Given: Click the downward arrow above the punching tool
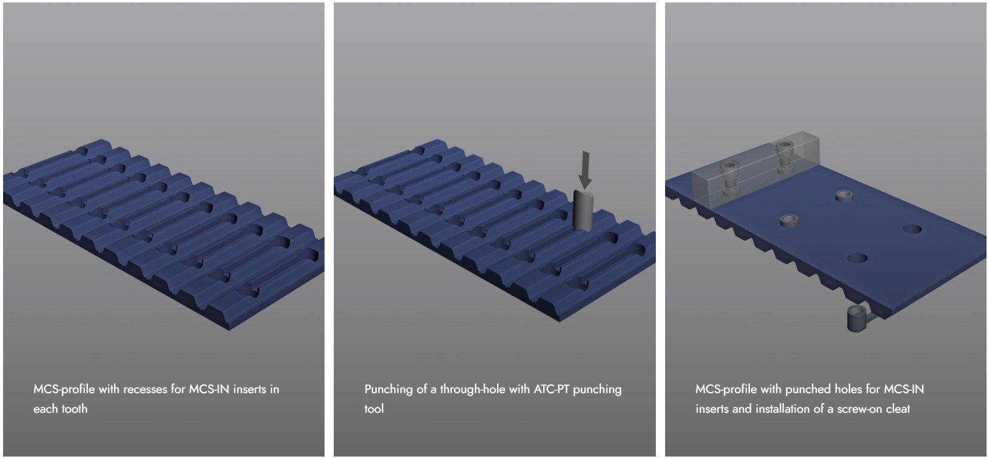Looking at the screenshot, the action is tap(585, 170).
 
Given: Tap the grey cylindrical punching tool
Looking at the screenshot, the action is tap(583, 211).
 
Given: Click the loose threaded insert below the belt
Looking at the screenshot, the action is tap(857, 318).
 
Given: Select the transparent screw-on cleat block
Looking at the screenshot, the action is tap(756, 169).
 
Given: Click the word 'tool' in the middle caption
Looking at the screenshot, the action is tap(374, 409).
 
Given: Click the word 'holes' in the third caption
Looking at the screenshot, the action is tap(849, 389).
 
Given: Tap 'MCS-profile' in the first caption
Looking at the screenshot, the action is tap(64, 389).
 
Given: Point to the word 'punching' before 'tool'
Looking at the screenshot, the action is tap(597, 389).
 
